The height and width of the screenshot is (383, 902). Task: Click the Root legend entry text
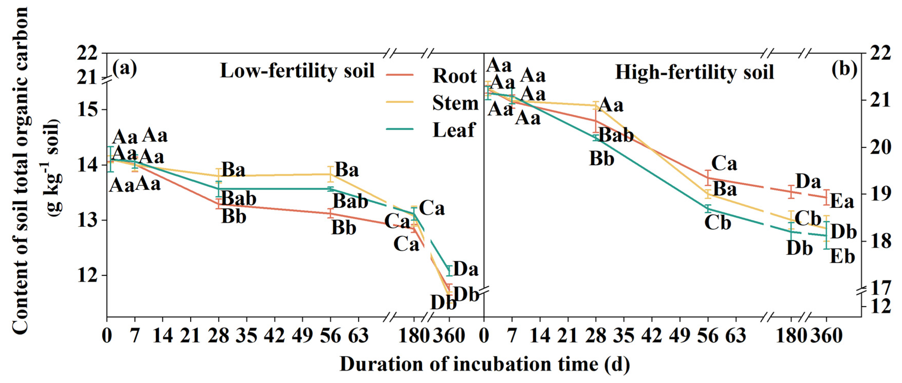[454, 76]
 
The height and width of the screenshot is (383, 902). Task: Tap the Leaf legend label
[454, 130]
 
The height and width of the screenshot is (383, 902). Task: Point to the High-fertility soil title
[694, 72]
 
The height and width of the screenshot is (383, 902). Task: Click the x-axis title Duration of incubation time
[485, 364]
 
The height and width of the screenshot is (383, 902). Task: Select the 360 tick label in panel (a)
[449, 336]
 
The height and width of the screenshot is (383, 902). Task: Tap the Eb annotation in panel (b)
[842, 257]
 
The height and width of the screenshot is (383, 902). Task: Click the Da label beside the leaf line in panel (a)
[466, 269]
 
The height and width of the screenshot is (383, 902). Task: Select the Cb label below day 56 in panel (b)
[718, 223]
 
